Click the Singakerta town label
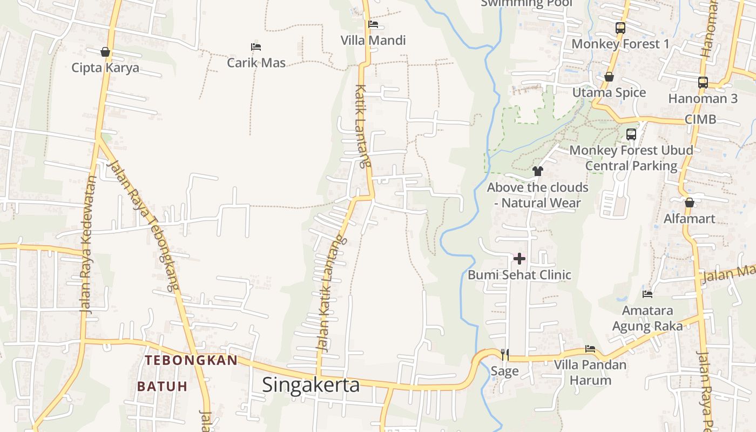pos(310,385)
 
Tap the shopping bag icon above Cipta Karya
pos(105,52)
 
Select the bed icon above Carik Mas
pos(256,47)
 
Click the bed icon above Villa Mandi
pos(373,24)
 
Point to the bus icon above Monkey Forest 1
pos(620,28)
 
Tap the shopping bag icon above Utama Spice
pos(609,77)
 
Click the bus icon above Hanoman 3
pos(703,83)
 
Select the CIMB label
pos(700,119)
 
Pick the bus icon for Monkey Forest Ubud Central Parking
pos(631,134)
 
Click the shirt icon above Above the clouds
pos(537,171)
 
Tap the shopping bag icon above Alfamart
pos(689,203)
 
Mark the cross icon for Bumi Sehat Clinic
pos(519,259)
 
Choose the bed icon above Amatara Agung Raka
pos(647,294)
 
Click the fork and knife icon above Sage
pos(505,354)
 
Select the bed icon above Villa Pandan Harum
pos(590,349)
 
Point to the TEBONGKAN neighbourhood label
pos(191,360)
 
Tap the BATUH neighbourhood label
pos(162,387)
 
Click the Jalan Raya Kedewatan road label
pos(89,244)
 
